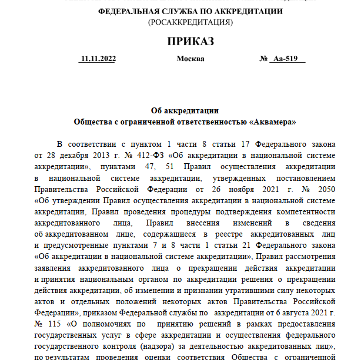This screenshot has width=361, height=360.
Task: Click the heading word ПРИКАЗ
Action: [190, 41]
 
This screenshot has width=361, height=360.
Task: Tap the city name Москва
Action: [190, 59]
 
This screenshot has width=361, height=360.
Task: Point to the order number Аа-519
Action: [287, 59]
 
